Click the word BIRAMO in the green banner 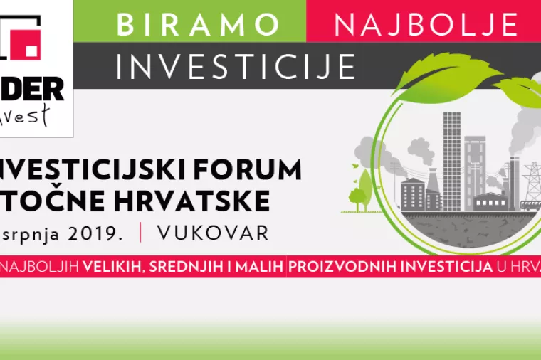[199, 23]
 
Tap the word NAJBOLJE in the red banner [426, 25]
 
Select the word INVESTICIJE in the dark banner [236, 66]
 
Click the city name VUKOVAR [214, 233]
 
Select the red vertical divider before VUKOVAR [141, 233]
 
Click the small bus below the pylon [530, 204]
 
